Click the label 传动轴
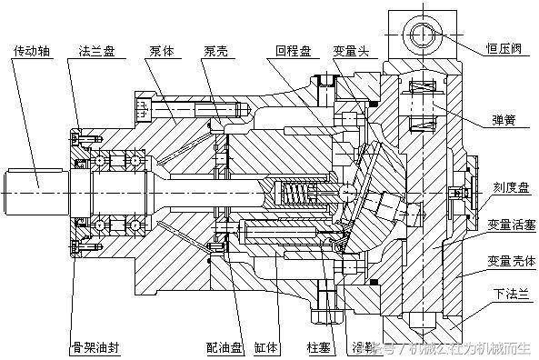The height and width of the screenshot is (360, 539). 34,49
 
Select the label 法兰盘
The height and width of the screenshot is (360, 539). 97,49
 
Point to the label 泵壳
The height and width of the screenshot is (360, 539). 215,49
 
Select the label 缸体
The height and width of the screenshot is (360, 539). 265,347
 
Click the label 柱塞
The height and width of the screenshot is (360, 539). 314,347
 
